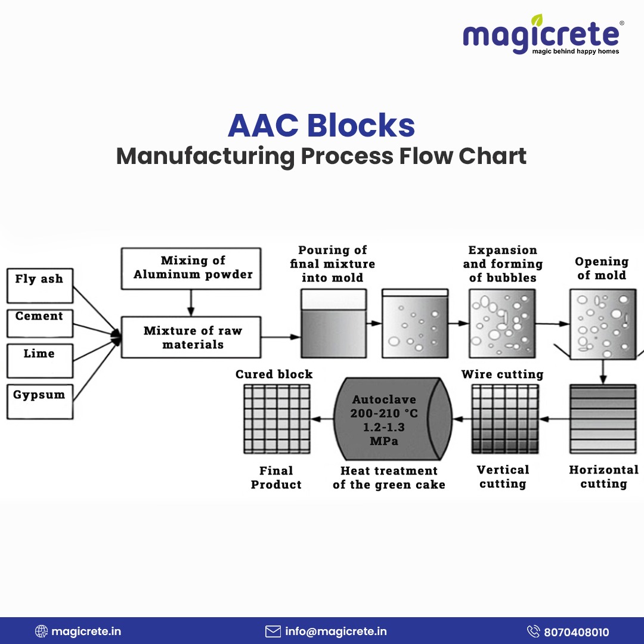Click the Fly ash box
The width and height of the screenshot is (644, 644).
pos(40,286)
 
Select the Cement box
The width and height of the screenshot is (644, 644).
pos(40,323)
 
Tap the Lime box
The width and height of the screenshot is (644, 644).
pos(40,361)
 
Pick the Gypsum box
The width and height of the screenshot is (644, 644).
pos(40,402)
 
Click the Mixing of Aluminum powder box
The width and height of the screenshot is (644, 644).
pos(191,268)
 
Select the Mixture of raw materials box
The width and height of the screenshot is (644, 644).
pos(191,337)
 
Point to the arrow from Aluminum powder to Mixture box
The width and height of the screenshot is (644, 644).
pos(191,303)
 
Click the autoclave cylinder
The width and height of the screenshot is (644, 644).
pos(393,419)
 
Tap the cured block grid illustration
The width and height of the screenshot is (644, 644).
pos(277,419)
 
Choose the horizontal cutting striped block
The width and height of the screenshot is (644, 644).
pos(603,419)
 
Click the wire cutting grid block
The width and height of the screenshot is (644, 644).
pos(505,419)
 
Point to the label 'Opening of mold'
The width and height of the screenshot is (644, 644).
pos(602,268)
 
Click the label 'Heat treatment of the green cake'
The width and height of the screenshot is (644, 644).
pos(389,478)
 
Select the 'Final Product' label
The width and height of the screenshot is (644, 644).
pos(277,478)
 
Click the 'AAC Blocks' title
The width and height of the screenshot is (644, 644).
pos(321,125)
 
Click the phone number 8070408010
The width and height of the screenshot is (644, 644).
pos(576,632)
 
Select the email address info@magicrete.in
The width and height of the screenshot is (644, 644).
pos(336,631)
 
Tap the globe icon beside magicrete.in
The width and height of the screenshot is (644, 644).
pos(41,631)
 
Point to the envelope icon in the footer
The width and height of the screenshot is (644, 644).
pos(273,631)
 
